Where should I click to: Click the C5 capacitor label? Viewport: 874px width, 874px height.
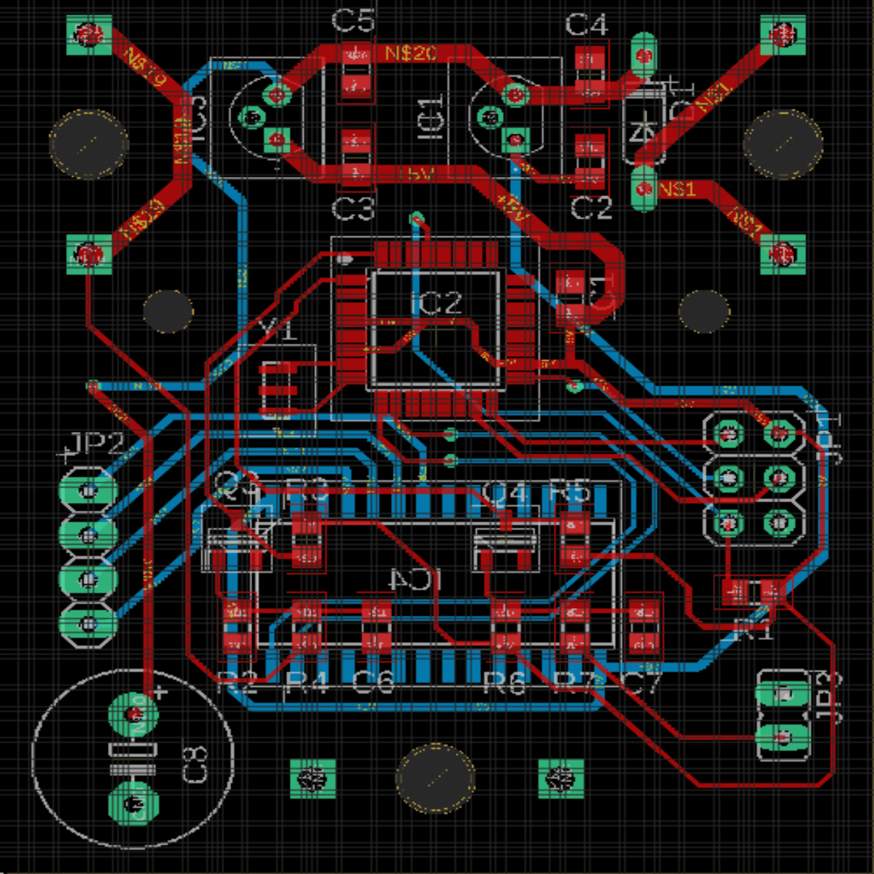tap(353, 20)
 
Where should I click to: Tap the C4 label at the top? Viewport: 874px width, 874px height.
tap(586, 25)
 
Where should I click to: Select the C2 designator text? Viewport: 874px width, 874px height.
tap(591, 209)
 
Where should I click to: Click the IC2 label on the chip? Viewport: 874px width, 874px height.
tap(436, 303)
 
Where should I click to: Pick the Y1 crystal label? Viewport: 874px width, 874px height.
tap(278, 330)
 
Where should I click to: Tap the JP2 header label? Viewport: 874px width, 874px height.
tap(93, 444)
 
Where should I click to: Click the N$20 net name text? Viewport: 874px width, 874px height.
tap(410, 53)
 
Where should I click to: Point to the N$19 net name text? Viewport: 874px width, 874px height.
tap(146, 68)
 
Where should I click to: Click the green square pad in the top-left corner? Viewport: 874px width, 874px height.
tap(89, 34)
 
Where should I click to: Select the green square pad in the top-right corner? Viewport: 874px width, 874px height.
tap(783, 34)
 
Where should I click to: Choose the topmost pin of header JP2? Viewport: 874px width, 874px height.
tap(88, 491)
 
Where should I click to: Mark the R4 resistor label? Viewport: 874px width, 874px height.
tap(307, 681)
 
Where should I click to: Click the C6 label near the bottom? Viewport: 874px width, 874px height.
tap(373, 681)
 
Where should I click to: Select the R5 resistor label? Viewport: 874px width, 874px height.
tap(570, 493)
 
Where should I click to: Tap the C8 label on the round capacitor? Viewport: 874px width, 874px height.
tap(195, 765)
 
